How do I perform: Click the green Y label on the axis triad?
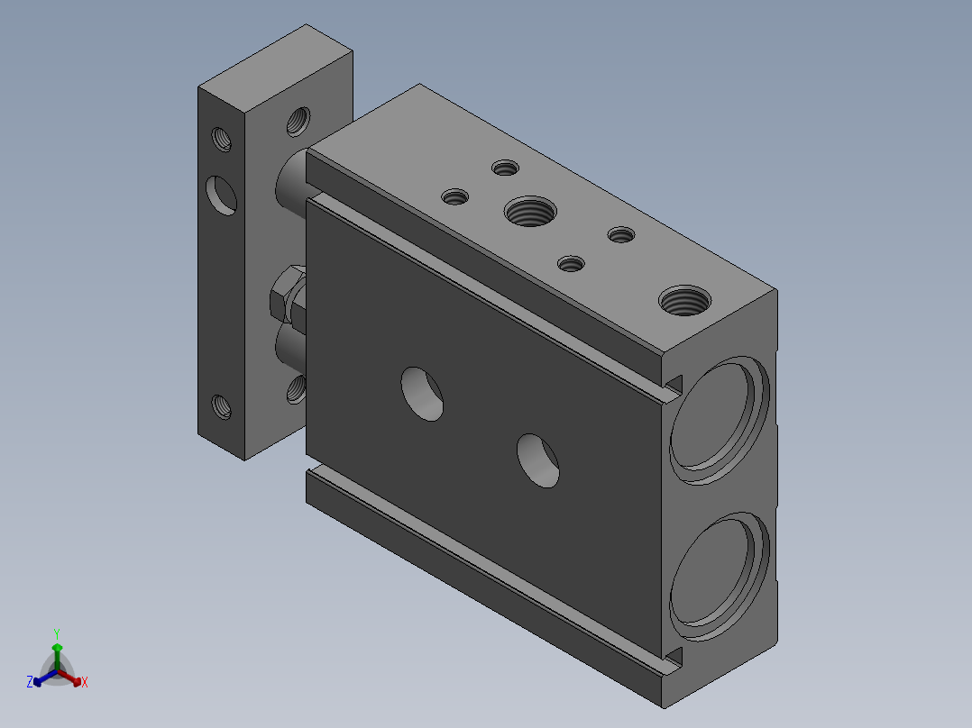[57, 633]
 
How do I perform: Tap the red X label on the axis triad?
[85, 682]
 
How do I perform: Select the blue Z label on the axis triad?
[30, 682]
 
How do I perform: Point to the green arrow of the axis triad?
[57, 657]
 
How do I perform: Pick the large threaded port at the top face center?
[530, 211]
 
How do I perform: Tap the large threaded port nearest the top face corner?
[684, 301]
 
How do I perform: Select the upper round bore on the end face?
[720, 420]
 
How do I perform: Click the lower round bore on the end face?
[720, 577]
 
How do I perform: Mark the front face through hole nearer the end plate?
[422, 394]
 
